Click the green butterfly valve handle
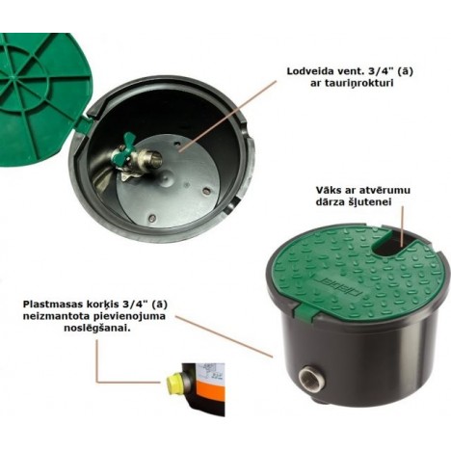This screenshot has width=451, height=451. (x=128, y=150)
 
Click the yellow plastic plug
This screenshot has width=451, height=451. (x=174, y=381)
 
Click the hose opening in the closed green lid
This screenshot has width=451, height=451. (x=389, y=244)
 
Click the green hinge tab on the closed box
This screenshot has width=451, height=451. (x=306, y=311)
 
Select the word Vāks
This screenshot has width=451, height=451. (x=327, y=190)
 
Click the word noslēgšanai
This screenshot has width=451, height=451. (x=97, y=329)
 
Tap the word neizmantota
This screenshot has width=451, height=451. (x=53, y=316)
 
